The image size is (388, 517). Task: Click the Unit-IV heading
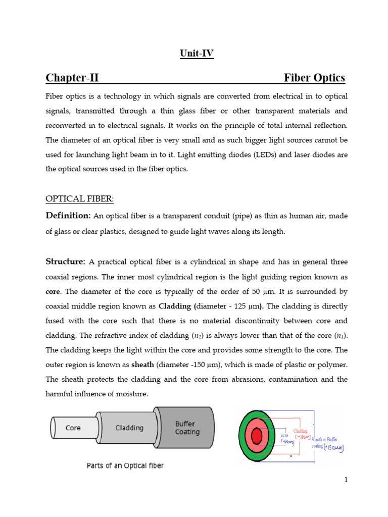pos(197,53)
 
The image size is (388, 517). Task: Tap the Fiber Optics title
pos(314,78)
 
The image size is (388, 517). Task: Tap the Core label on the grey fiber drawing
pos(73,428)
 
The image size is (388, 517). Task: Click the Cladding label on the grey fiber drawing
pos(130,428)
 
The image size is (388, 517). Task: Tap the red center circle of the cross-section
pos(257,435)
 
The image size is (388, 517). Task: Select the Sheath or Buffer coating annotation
pos(328,442)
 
